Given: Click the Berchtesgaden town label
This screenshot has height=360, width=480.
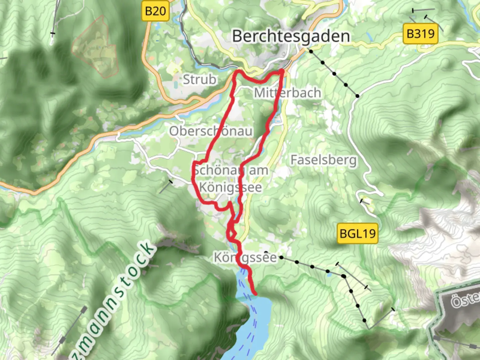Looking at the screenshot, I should (291, 36).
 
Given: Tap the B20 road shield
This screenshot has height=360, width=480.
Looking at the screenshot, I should (155, 11).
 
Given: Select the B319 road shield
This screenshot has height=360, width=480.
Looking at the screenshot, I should (420, 34).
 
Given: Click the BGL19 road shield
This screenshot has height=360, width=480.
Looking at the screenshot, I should (357, 233).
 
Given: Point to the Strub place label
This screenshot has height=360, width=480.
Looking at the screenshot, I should (199, 79).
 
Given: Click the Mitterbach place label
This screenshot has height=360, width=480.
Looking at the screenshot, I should (287, 93).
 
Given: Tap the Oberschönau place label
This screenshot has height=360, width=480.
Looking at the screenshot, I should (211, 131).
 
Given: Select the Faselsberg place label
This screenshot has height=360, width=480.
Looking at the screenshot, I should (323, 160).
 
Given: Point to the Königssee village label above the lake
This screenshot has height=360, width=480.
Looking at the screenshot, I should (245, 257).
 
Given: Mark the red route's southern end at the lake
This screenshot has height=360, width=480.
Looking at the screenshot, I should (255, 294).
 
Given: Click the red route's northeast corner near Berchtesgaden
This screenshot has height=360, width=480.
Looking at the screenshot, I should (282, 71).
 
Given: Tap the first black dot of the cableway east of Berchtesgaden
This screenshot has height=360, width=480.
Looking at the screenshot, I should (311, 51).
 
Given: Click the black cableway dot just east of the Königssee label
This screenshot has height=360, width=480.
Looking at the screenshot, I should (282, 257).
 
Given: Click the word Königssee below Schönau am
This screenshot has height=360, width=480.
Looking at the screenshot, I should (230, 187).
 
